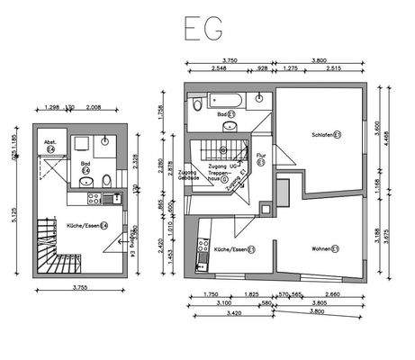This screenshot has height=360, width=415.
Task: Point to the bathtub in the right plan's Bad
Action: coord(225,98)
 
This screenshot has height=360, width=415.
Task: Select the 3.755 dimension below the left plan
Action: coord(84,289)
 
